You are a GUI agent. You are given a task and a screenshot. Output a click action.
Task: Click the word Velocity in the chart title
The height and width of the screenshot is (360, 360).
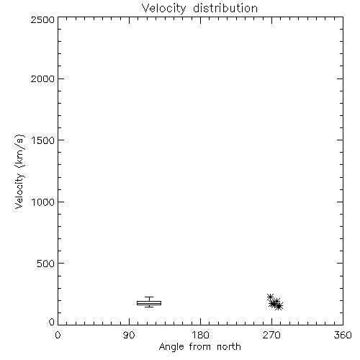coord(163,9)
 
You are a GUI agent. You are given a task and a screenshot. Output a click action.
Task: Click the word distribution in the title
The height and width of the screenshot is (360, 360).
coord(225,8)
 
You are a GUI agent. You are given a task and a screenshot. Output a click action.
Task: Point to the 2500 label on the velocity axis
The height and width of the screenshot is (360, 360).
coord(42,19)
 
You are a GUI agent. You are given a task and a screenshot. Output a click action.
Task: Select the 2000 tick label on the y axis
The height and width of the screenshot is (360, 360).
coord(42,78)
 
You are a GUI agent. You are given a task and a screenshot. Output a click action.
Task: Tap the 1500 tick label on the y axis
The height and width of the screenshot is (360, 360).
coord(43,140)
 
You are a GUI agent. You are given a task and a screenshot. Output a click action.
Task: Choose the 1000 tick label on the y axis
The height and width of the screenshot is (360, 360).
coord(43,202)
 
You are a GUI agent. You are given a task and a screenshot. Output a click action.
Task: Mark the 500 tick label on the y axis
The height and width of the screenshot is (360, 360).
coord(46,264)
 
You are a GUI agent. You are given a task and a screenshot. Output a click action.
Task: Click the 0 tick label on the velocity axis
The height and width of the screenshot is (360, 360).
coord(52,322)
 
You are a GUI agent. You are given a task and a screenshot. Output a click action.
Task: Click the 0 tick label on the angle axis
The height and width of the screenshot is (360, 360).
coord(58,335)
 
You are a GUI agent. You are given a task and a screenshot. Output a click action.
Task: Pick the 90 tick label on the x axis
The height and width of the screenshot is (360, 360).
coord(129,335)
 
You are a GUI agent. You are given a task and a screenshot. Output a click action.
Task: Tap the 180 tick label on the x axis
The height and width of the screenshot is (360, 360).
coord(200,335)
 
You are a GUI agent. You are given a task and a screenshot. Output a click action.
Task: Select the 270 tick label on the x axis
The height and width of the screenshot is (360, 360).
coord(271,335)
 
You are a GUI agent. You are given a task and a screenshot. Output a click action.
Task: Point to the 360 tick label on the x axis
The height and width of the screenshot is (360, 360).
coord(343,335)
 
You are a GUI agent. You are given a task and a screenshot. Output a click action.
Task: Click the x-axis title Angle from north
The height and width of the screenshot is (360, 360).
coord(200,347)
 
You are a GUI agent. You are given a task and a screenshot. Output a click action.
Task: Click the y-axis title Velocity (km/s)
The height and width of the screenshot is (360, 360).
coord(19,171)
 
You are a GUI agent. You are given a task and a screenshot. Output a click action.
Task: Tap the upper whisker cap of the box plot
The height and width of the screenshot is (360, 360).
coord(149,297)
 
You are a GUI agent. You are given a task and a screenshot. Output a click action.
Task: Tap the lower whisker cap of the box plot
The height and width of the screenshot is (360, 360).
coord(149,307)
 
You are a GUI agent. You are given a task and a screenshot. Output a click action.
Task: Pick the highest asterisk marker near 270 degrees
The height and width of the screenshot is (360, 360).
coord(271,297)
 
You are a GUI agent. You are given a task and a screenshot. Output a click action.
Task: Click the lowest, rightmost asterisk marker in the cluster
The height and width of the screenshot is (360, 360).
coord(279,306)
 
